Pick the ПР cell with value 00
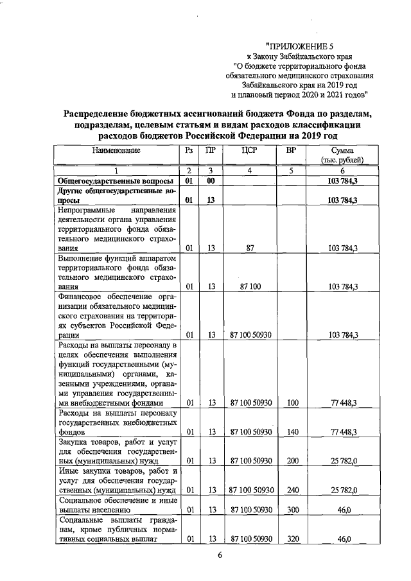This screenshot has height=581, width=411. click(x=211, y=182)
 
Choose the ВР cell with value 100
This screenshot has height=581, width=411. click(x=293, y=403)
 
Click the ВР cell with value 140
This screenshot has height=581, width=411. click(x=293, y=431)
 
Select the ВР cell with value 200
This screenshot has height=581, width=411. click(x=293, y=461)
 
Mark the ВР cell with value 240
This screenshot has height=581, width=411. click(x=293, y=490)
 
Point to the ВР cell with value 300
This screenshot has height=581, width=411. click(x=293, y=510)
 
